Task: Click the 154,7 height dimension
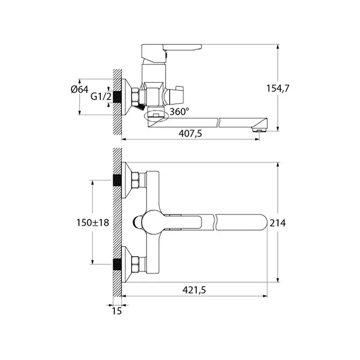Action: tap(278, 88)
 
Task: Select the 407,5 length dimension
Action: tap(190, 133)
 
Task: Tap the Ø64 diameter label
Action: tap(79, 89)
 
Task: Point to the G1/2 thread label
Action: tap(101, 97)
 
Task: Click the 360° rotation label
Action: tap(179, 112)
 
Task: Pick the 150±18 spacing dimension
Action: tap(93, 223)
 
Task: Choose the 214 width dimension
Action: tap(278, 223)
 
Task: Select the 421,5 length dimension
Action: tap(194, 290)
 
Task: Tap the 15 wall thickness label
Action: tap(117, 311)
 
